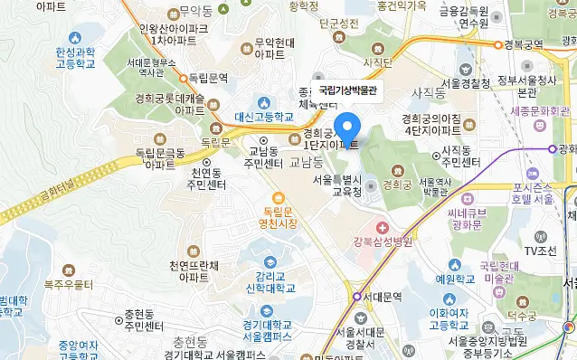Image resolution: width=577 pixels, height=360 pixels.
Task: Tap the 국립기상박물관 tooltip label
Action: (x=347, y=90)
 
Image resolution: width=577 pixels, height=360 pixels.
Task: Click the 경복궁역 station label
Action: (x=524, y=43)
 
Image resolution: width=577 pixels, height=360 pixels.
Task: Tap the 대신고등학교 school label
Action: (x=264, y=117)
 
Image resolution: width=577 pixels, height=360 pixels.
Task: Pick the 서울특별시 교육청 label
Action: (x=337, y=185)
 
